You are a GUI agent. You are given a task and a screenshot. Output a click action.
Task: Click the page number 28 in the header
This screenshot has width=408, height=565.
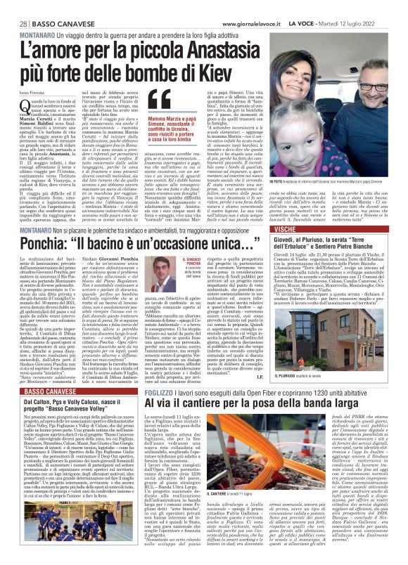pyautogui.click(x=14, y=6)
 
